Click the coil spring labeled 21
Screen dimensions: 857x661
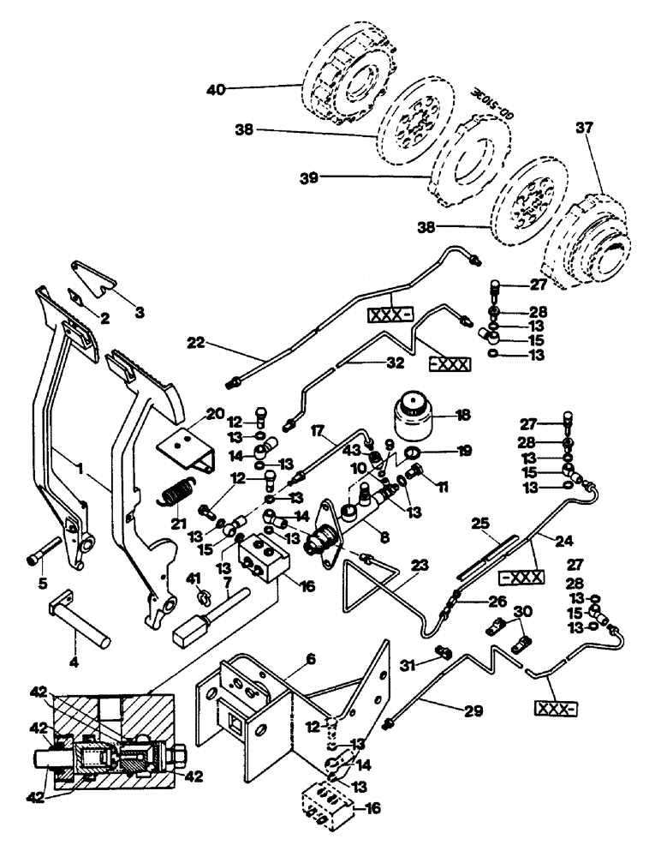click(x=179, y=495)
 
